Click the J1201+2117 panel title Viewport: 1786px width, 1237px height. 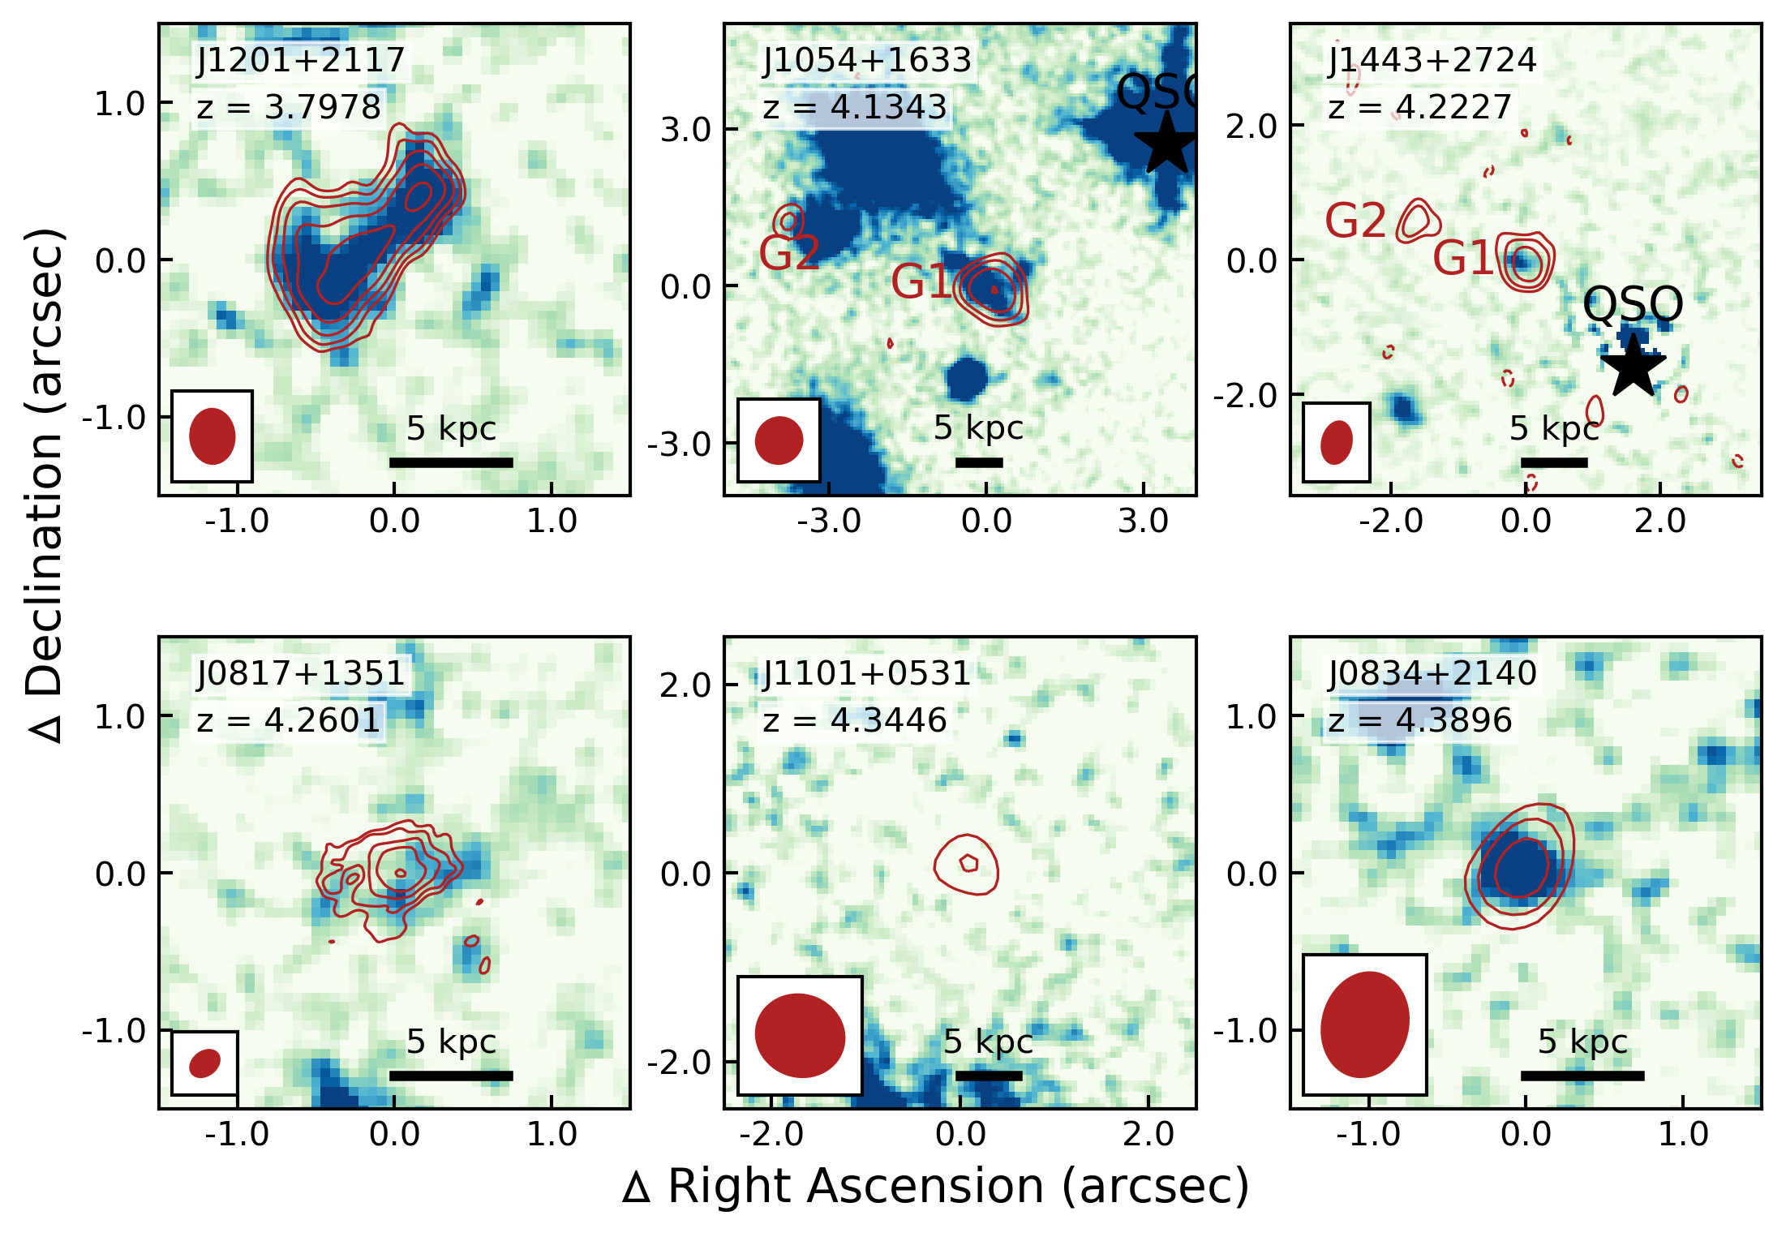coord(300,60)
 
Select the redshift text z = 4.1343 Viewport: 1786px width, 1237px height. coord(855,107)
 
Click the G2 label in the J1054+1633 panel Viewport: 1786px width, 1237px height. coord(788,253)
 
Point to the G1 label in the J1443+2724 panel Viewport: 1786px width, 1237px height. coord(1462,259)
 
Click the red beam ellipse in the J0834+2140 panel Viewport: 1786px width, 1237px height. coord(1365,1024)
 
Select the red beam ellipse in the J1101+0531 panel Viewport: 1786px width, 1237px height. coord(800,1036)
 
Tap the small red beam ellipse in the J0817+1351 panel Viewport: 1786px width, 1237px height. coord(204,1063)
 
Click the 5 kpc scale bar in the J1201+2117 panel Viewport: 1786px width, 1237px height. coord(451,462)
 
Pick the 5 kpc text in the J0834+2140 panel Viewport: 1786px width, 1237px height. coord(1582,1042)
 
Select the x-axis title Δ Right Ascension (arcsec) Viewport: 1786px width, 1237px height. coord(935,1187)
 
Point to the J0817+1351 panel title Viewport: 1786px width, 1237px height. coord(300,673)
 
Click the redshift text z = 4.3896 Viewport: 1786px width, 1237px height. coord(1420,720)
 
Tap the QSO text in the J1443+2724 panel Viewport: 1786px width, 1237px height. coord(1633,304)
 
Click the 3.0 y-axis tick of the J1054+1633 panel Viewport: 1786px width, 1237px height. coord(685,129)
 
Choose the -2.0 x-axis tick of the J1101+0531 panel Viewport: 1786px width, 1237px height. coord(771,1134)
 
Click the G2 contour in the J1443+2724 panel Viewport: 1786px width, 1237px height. coord(1417,220)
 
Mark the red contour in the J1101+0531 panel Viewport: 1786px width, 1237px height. coord(966,865)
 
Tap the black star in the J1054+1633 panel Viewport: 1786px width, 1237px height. coord(1166,143)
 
